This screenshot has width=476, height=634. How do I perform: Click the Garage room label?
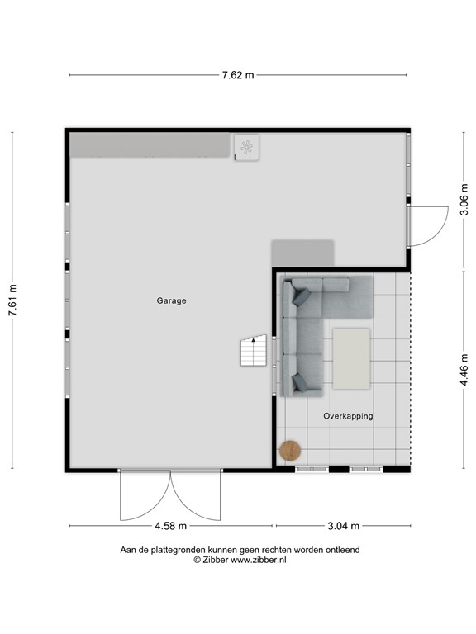(171, 301)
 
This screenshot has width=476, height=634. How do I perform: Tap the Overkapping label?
(348, 416)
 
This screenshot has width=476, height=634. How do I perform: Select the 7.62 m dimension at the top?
(237, 75)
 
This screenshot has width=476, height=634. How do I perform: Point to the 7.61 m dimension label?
(12, 301)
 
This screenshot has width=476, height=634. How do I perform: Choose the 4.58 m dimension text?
(171, 526)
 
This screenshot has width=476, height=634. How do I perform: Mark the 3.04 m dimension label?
(343, 526)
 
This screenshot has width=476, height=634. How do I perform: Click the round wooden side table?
(290, 450)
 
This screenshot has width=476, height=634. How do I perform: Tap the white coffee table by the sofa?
(351, 357)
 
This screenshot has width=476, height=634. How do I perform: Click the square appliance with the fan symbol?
(246, 148)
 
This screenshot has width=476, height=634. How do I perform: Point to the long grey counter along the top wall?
(149, 146)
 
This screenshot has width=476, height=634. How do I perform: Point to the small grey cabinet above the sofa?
(302, 253)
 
